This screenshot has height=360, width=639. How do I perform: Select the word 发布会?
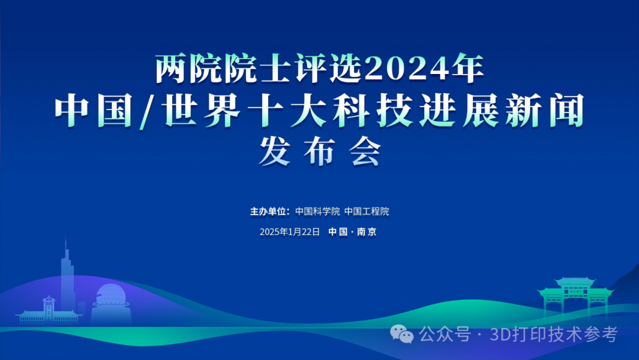[x=320, y=151]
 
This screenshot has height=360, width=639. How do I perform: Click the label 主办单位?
[x=269, y=211]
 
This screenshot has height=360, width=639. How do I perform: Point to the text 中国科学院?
[x=318, y=211]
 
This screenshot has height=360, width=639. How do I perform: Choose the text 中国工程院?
[x=367, y=211]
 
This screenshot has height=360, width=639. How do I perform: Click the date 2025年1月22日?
[x=290, y=232]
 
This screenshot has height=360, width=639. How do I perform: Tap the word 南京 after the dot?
[x=367, y=232]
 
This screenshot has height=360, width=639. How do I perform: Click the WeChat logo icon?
[x=402, y=335]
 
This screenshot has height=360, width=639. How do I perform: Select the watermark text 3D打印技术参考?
[x=554, y=335]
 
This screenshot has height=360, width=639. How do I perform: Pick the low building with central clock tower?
[x=49, y=312]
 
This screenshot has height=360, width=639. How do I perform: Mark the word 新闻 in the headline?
[x=546, y=111]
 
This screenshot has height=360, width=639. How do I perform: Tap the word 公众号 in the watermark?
[x=444, y=335]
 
